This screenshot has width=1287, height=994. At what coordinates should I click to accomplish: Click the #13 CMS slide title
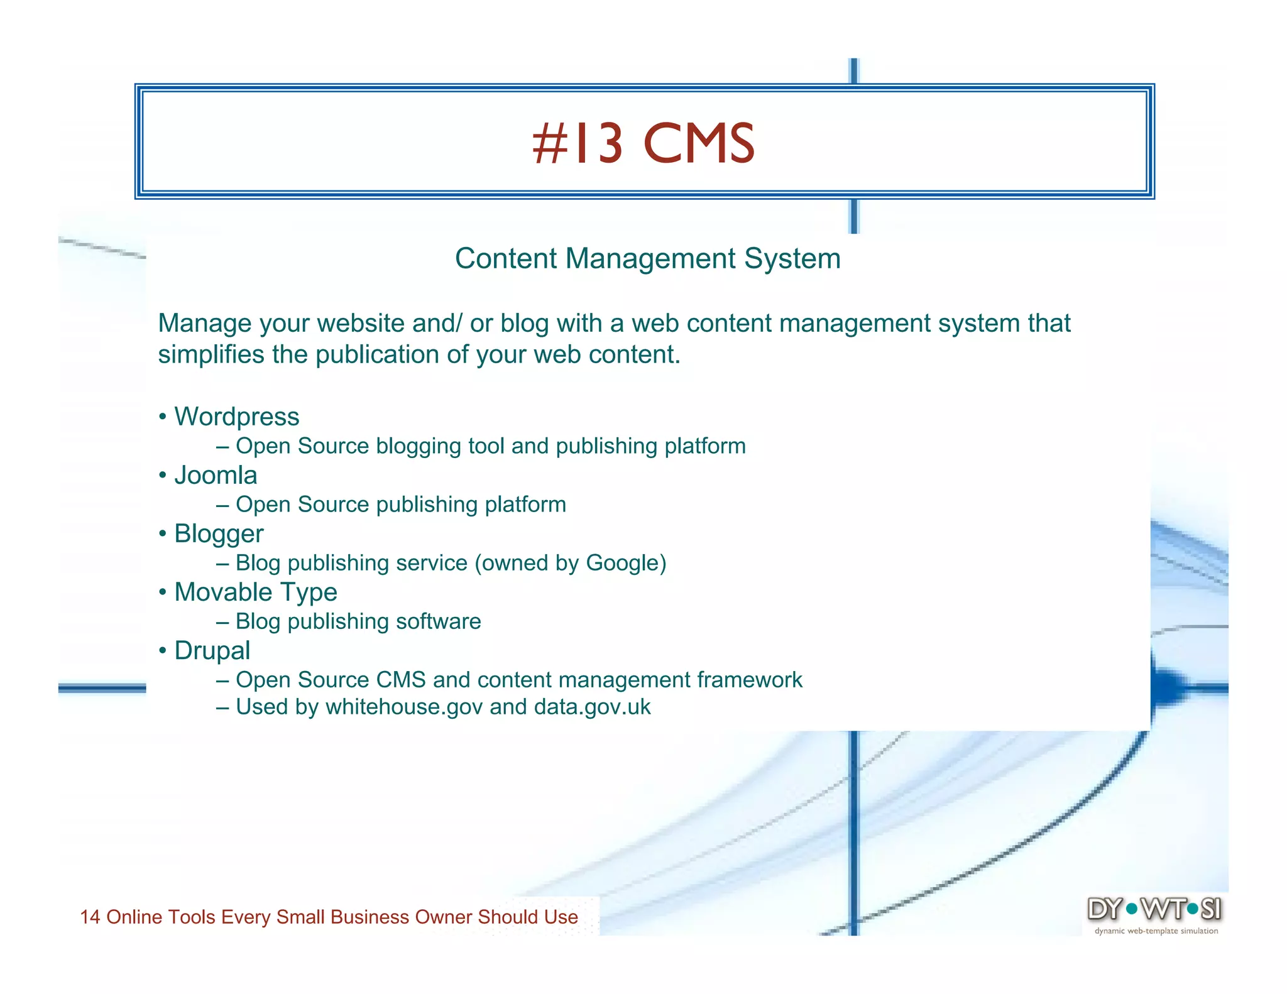coord(643,144)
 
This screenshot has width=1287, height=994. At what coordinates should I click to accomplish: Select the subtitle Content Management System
coord(647,259)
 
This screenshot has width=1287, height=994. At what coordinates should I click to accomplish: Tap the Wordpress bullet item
coord(236,417)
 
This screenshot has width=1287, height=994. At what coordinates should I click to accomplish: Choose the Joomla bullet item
coord(216,476)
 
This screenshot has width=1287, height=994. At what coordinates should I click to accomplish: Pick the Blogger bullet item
coord(219,534)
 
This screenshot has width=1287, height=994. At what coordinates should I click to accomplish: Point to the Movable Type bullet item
coord(255,593)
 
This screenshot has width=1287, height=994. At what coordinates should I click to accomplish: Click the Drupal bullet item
coord(212,651)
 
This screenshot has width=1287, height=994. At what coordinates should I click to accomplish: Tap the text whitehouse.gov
coord(404,707)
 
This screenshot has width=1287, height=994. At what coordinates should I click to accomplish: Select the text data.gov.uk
coord(592,707)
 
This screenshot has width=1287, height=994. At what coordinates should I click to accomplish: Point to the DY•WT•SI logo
coord(1154,909)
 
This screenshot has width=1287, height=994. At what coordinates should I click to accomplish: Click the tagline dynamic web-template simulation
coord(1156,931)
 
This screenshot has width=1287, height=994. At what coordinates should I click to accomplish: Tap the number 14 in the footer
coord(90,917)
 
